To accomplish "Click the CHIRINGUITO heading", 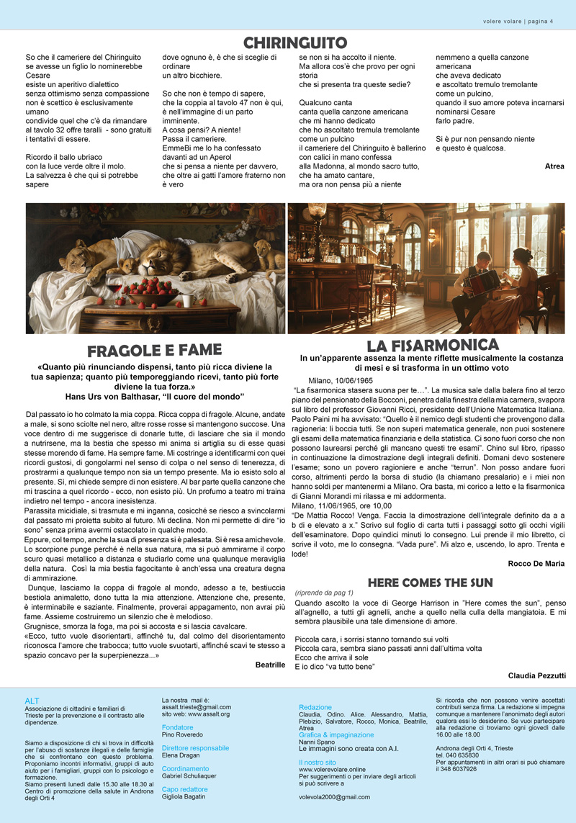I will (x=294, y=42).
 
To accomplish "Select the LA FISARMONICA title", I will (x=432, y=345).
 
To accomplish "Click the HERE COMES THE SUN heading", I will (x=430, y=582).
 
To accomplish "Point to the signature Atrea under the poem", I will (x=554, y=166).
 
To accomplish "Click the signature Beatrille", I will (x=270, y=665).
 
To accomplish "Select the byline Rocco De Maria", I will (x=536, y=563).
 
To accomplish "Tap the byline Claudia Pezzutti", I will (x=536, y=675).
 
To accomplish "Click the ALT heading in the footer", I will (x=32, y=700).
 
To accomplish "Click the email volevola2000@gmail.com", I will (x=334, y=797).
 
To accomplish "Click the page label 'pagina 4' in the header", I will (x=541, y=21).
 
